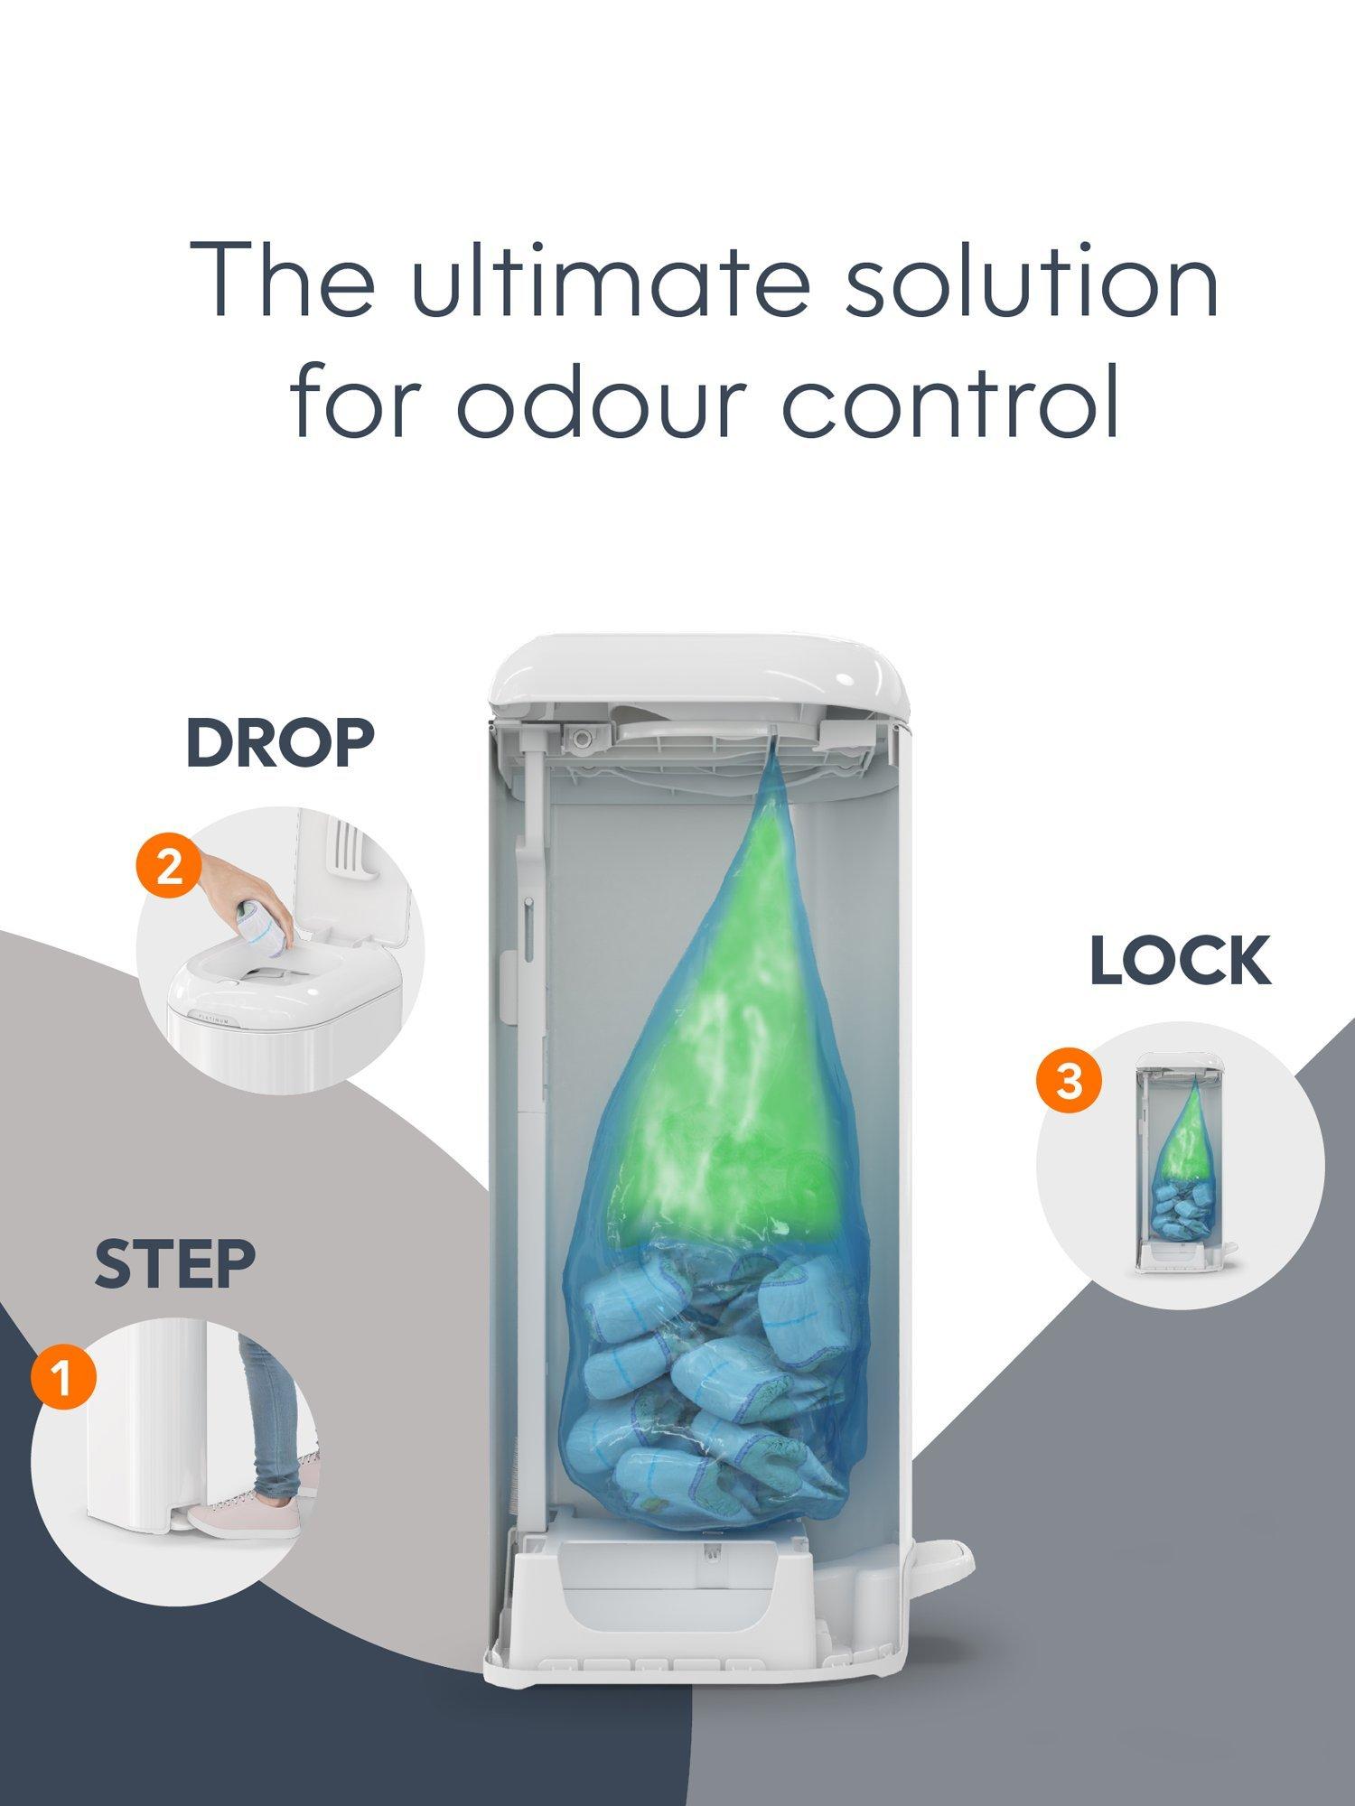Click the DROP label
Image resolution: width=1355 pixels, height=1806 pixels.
point(280,743)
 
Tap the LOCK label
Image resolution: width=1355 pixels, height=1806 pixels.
point(1180,961)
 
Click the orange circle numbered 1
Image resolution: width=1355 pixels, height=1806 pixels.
point(63,1379)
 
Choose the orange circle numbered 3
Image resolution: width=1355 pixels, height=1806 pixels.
point(1069,1080)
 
